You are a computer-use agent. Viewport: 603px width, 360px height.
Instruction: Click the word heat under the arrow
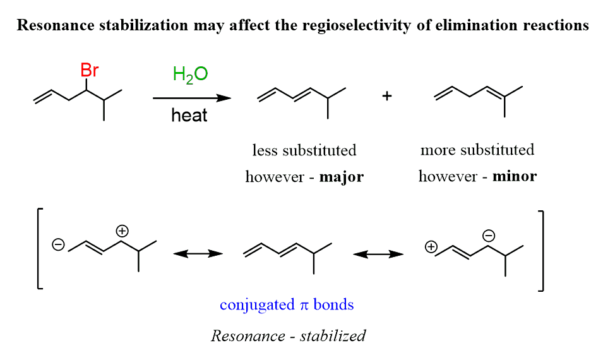tap(189, 116)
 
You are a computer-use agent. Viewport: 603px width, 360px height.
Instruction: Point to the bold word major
tap(341, 177)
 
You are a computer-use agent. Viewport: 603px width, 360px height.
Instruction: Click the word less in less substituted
tap(264, 151)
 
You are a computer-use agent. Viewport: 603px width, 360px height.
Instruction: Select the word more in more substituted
tap(437, 150)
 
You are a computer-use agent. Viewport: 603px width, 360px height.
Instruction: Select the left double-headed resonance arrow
tap(198, 253)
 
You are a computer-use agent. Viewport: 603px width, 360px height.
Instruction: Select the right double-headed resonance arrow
tap(378, 253)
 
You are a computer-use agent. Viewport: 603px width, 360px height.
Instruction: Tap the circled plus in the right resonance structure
tap(431, 248)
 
